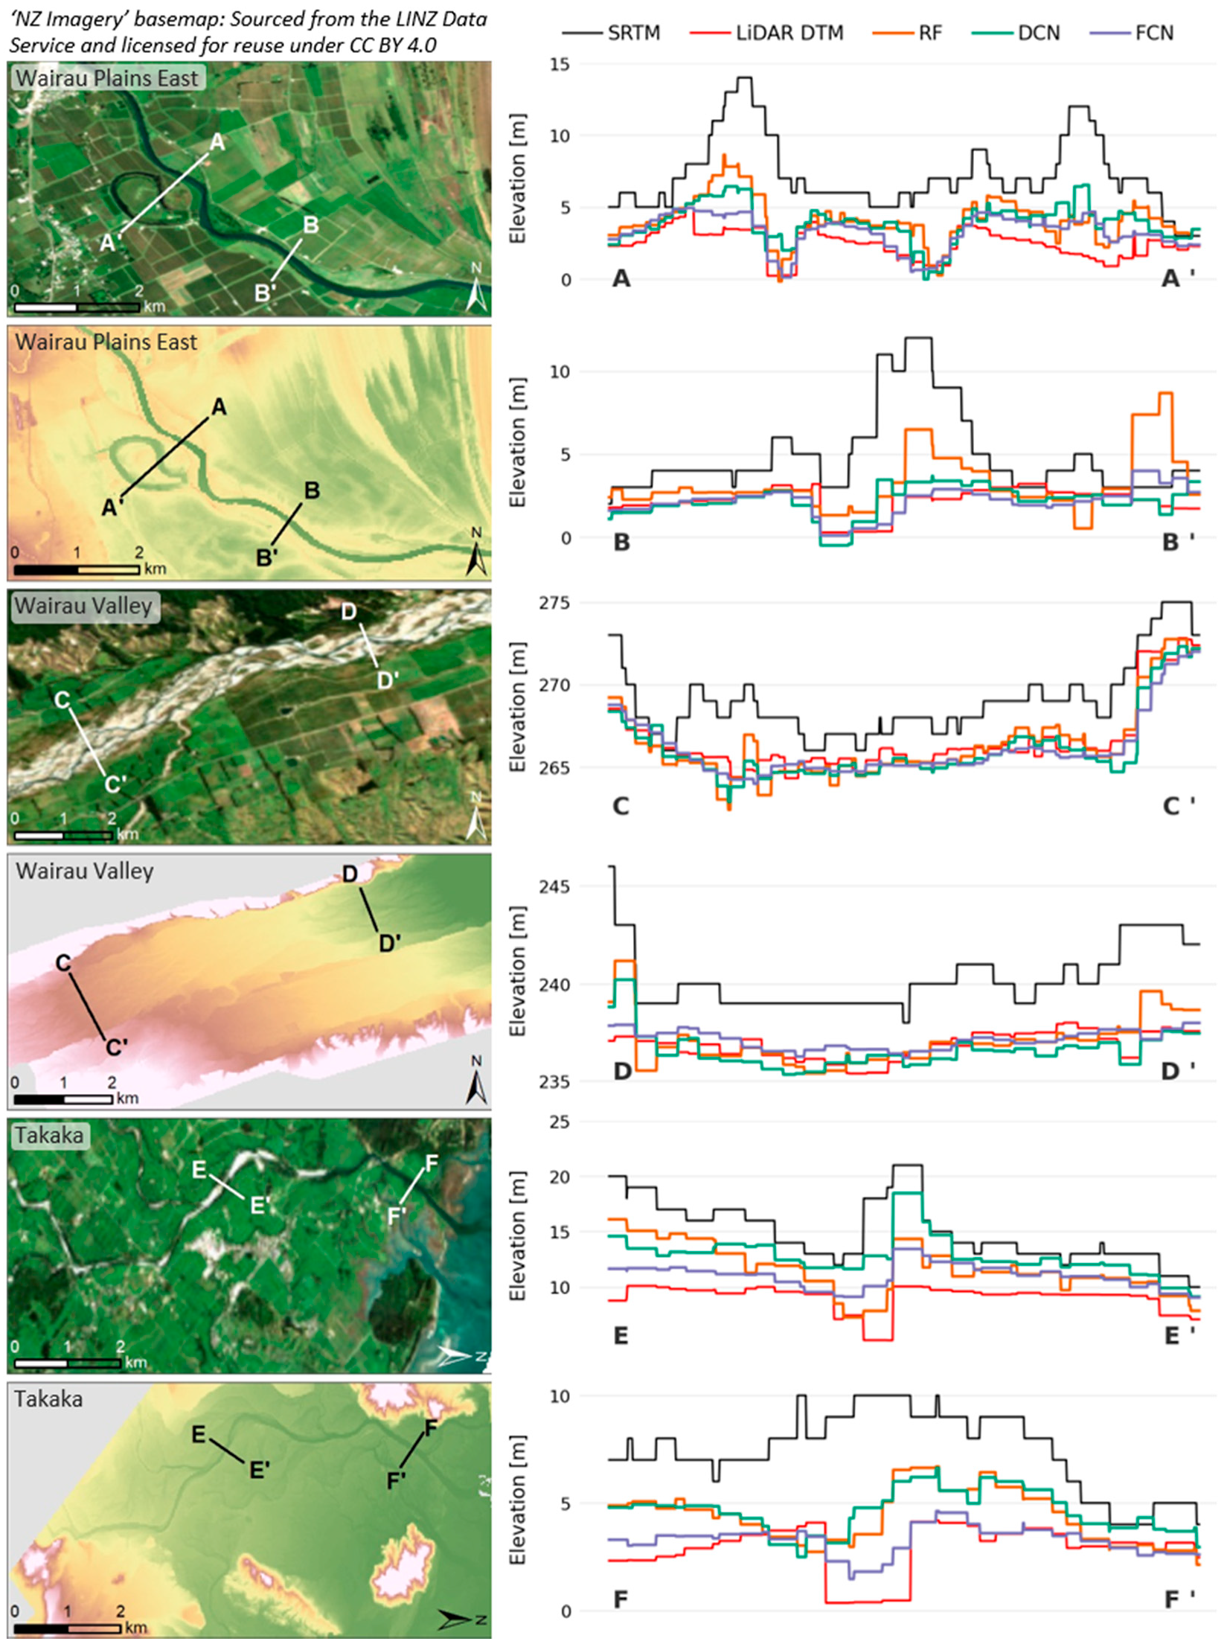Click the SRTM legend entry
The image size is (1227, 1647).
click(x=632, y=33)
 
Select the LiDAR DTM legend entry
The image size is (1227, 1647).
click(x=789, y=33)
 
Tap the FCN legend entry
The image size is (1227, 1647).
click(x=1153, y=33)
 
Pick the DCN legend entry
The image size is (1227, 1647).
click(x=1038, y=33)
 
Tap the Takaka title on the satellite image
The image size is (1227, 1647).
click(x=49, y=1136)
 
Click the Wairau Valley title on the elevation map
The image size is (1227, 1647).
click(x=84, y=871)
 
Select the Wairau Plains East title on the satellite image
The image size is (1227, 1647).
click(x=106, y=78)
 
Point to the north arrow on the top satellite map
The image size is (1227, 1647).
click(x=476, y=291)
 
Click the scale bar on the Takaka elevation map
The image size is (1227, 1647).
click(x=67, y=1629)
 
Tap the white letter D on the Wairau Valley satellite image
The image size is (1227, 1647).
click(x=348, y=612)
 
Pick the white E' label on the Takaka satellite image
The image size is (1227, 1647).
click(x=259, y=1205)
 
